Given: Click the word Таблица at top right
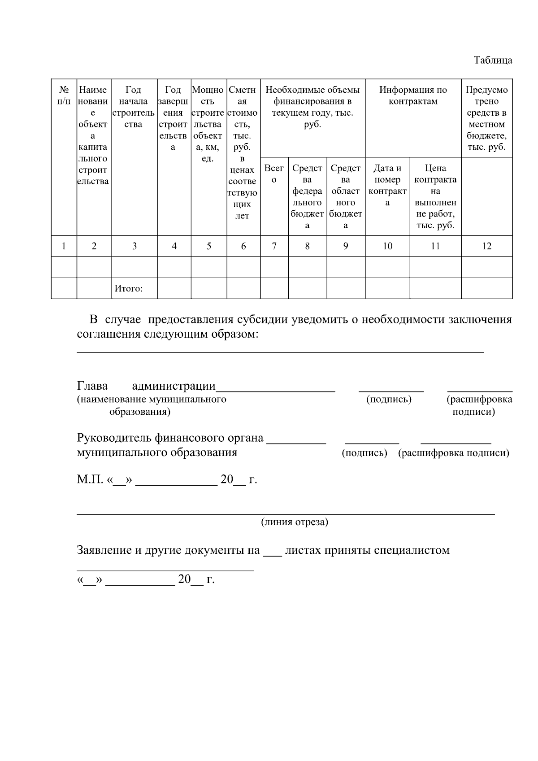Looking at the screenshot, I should [x=493, y=60].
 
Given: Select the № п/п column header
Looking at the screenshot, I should [x=64, y=96].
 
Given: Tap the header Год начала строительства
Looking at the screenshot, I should [x=134, y=107].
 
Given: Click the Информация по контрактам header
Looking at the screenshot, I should [x=413, y=96].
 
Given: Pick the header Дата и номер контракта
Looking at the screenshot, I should [x=387, y=185].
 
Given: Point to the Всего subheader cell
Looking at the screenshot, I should [x=274, y=174].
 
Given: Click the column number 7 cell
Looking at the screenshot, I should [x=274, y=246].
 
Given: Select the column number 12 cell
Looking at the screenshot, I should [x=486, y=246].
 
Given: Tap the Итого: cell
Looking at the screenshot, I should [x=129, y=288].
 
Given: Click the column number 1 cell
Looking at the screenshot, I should [x=64, y=246].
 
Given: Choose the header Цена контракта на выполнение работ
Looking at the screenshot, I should [x=435, y=196].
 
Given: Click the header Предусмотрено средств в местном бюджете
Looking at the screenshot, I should [x=486, y=118].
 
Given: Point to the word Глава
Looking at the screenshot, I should [x=92, y=386].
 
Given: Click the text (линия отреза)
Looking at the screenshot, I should [x=295, y=522].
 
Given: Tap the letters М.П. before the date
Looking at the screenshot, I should [x=90, y=480].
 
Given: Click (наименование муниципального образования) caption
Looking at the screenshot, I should [x=152, y=405].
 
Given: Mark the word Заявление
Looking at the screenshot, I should [x=104, y=550].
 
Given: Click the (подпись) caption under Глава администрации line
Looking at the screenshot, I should [x=389, y=399].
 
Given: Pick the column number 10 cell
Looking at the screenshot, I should [x=387, y=246].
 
